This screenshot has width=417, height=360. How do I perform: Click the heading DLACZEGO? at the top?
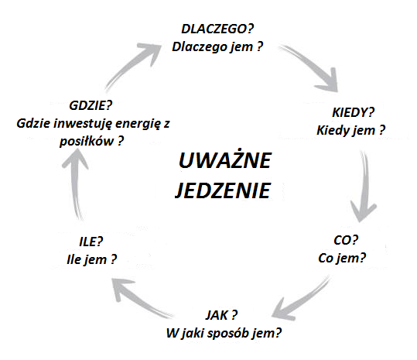(x=217, y=29)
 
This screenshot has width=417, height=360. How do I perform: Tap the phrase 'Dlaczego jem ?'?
(x=217, y=46)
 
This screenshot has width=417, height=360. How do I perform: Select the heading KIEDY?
(x=353, y=112)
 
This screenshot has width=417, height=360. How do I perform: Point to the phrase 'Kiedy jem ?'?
(x=351, y=131)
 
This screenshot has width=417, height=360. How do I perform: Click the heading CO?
(x=346, y=240)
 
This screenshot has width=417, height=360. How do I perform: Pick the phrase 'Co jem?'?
(x=342, y=258)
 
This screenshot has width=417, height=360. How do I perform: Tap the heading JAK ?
(x=221, y=315)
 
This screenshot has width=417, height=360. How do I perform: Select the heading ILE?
(x=91, y=242)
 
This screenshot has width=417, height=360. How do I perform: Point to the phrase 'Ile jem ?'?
(x=92, y=259)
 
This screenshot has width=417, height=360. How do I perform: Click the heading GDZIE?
(x=91, y=105)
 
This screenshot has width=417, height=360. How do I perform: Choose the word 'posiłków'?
(x=87, y=141)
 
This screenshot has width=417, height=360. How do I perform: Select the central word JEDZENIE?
(x=223, y=190)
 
